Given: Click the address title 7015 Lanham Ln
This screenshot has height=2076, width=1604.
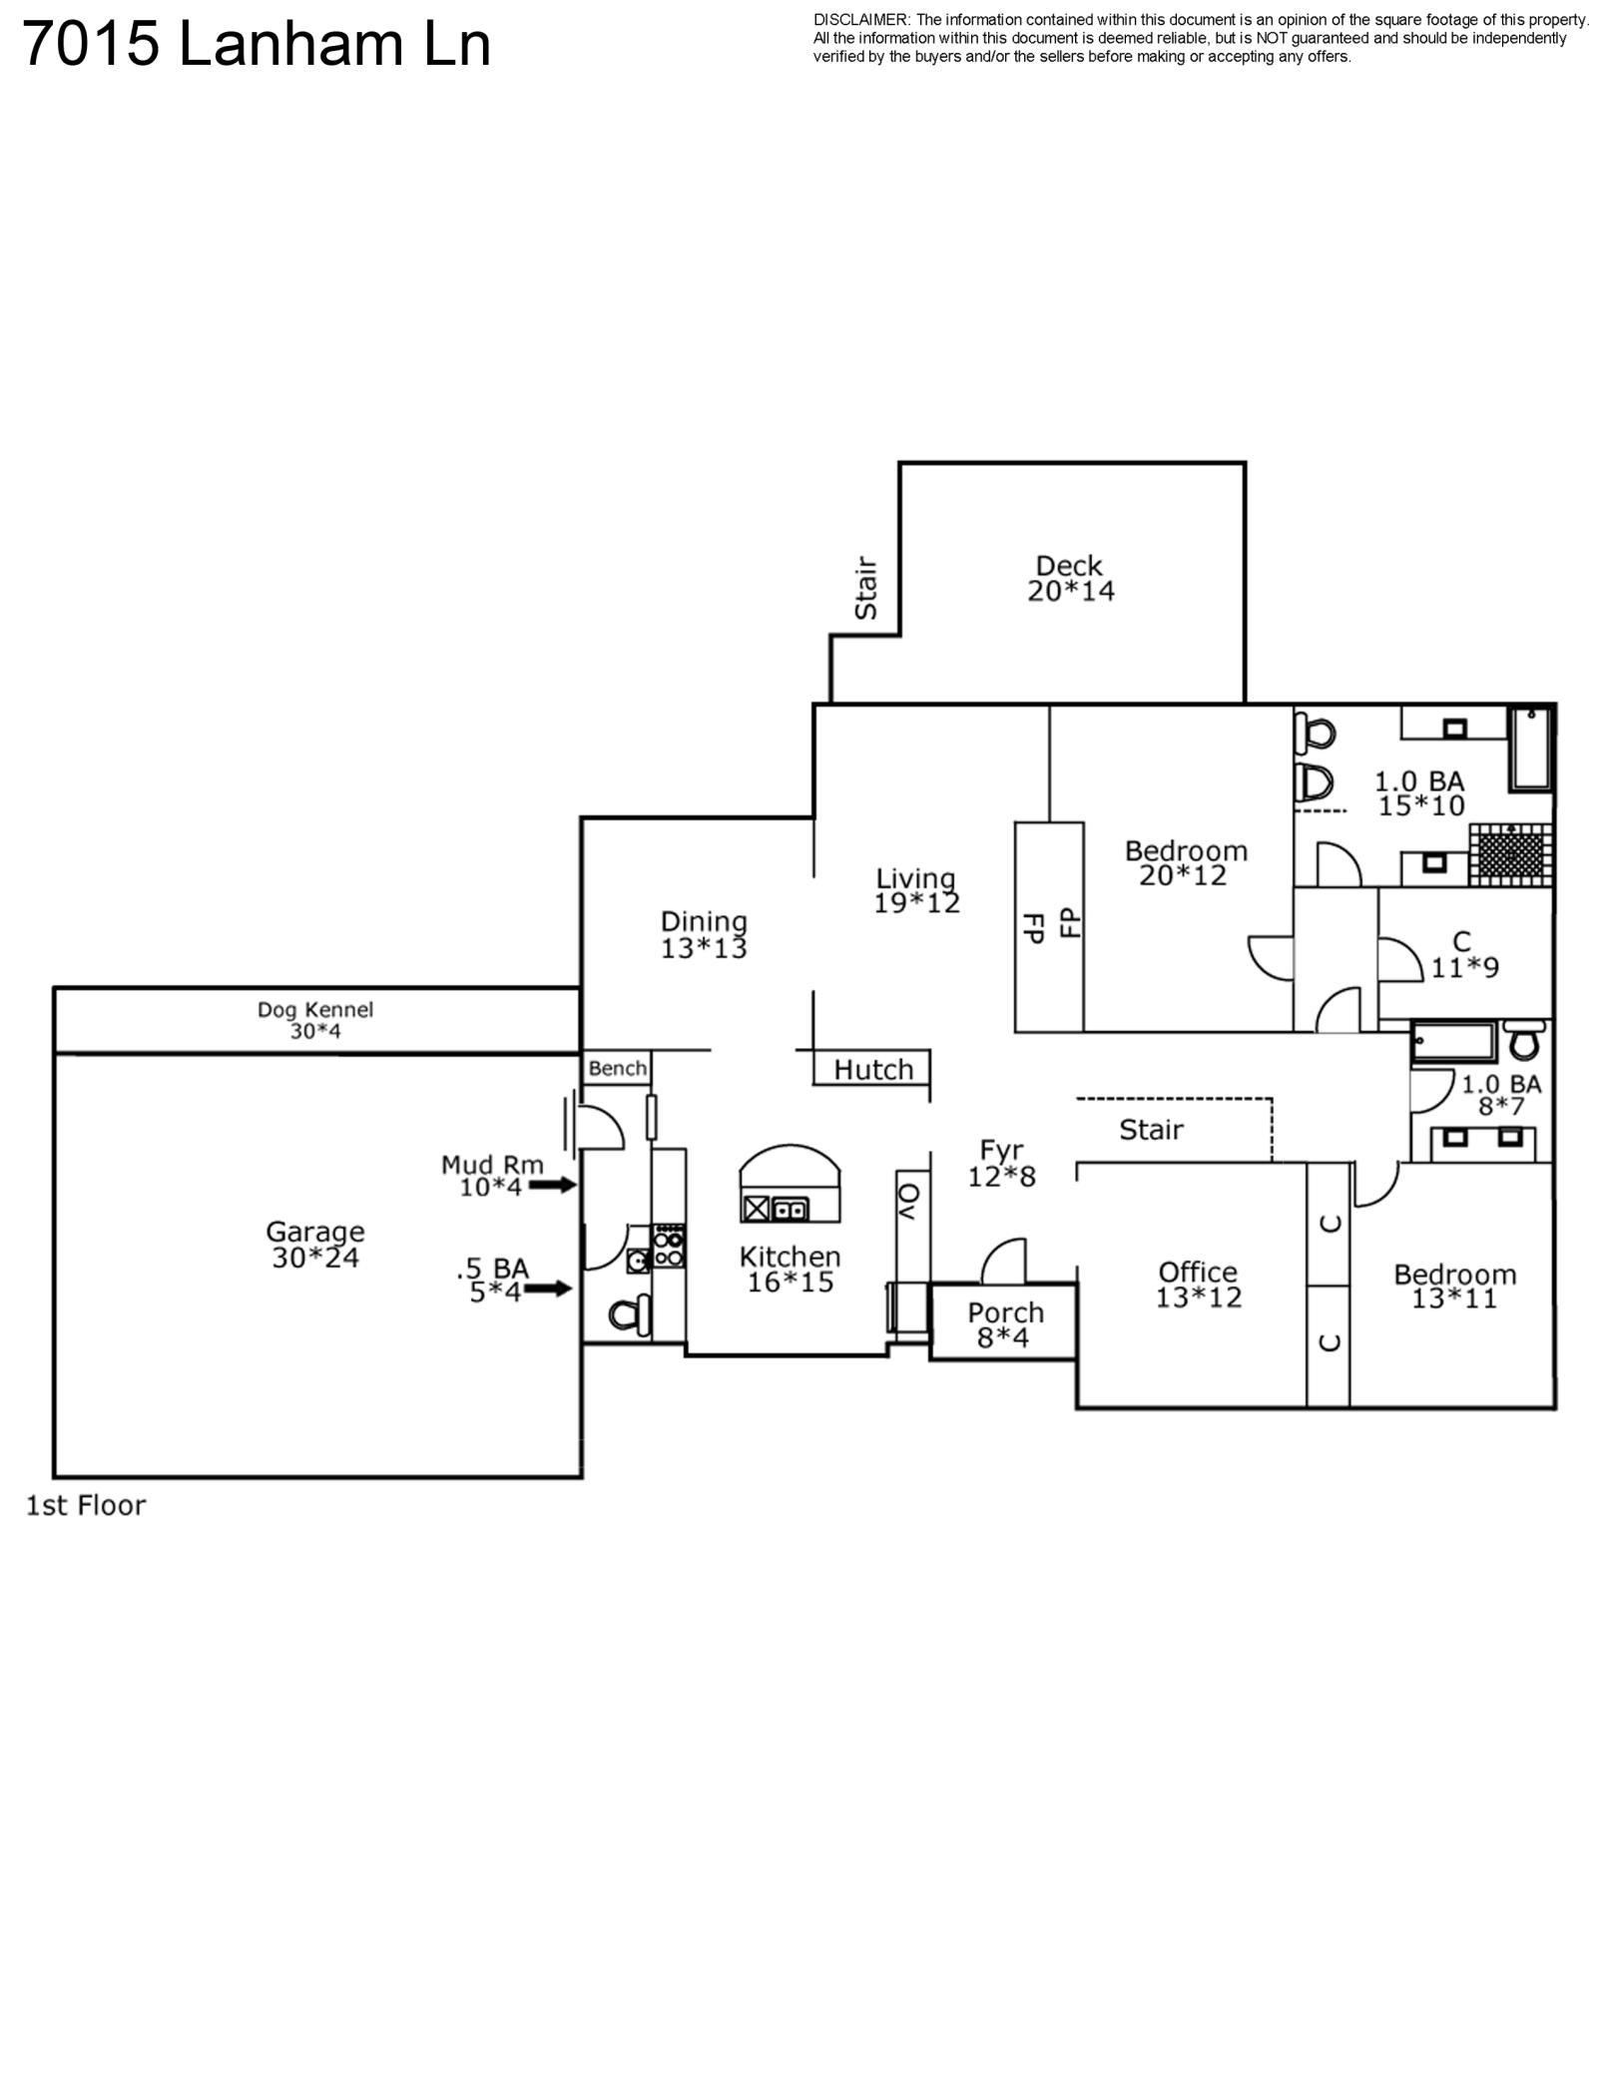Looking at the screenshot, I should pos(256,46).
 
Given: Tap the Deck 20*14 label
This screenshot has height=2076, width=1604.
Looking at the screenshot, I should pos(1070,579).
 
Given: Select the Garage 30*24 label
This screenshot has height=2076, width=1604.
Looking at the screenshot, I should pos(314,1245).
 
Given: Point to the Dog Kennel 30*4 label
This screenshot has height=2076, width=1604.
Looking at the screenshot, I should pos(315,1020).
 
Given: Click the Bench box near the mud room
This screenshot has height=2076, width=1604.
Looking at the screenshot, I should pos(617,1068).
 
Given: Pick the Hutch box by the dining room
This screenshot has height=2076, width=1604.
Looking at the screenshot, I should pos(872,1069).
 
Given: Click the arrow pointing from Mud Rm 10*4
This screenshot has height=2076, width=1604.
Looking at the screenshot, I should pos(552,1185).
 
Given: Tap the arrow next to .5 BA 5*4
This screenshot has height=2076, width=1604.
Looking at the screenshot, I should pos(548,1289).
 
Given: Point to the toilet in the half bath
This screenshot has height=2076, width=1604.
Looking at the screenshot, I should pos(628,1315).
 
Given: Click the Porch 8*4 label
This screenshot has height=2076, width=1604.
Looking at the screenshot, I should pos(1004,1324).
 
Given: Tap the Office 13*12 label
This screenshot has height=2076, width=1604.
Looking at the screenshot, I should pos(1198,1285).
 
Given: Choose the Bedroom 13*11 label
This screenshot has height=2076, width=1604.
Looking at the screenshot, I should pos(1454,1286).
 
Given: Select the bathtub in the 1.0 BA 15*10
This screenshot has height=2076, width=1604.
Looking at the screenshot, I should pos(1529,749).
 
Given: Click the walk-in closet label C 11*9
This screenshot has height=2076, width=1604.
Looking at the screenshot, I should pos(1463,954).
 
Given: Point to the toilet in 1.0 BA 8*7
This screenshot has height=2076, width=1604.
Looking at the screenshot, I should pos(1523,1041).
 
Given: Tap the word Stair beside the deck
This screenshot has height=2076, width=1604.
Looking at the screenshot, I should pos(865,588).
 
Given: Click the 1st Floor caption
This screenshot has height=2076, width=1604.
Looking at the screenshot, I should pos(86,1505).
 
